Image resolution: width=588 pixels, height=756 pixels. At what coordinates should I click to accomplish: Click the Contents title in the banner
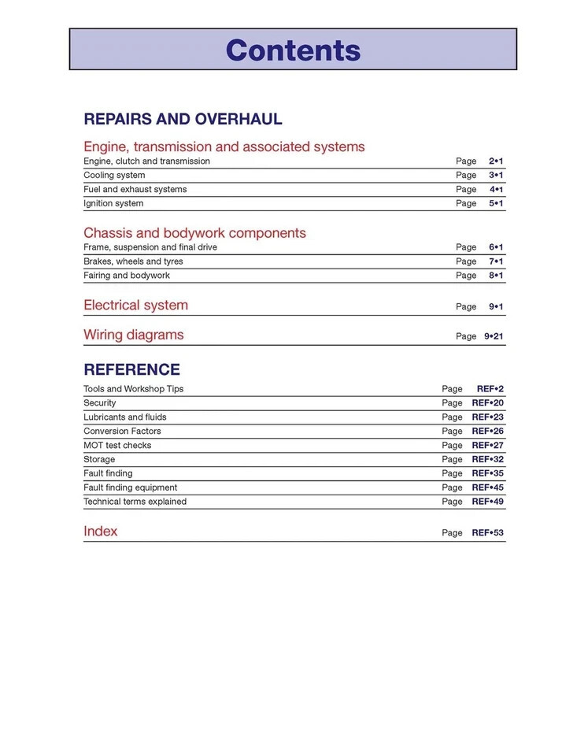tap(293, 50)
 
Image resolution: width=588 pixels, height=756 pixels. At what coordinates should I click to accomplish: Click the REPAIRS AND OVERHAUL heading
tap(183, 120)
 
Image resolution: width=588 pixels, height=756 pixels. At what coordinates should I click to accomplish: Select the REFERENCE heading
tap(131, 369)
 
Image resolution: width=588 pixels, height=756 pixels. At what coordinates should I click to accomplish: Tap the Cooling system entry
tap(114, 175)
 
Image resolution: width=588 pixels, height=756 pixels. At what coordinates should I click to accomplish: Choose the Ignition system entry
tap(113, 203)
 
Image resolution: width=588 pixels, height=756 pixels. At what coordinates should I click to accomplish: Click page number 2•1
tap(496, 161)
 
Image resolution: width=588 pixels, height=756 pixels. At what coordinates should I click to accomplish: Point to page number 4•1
tap(496, 189)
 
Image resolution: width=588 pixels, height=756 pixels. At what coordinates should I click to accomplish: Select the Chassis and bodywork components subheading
tap(194, 233)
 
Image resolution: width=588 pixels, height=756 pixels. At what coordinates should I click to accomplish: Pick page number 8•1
tap(496, 276)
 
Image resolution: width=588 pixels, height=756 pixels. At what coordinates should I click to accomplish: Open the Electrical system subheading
tap(135, 306)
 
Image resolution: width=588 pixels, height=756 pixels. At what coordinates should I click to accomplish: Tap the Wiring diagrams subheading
tap(133, 335)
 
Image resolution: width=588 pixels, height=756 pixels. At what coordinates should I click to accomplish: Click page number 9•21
tap(494, 336)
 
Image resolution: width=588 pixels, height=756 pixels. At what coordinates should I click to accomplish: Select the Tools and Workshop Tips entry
tap(133, 389)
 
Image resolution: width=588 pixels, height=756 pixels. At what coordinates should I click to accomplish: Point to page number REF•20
tap(487, 403)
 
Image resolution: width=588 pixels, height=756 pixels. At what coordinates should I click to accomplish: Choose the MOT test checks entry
tap(117, 445)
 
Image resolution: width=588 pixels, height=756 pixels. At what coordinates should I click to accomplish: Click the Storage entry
tap(99, 459)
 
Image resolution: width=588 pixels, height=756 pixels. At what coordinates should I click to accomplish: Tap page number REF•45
tap(487, 487)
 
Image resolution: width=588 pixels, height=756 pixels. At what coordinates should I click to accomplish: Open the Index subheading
tap(101, 532)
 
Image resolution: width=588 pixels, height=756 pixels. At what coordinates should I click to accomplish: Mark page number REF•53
tap(487, 533)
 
